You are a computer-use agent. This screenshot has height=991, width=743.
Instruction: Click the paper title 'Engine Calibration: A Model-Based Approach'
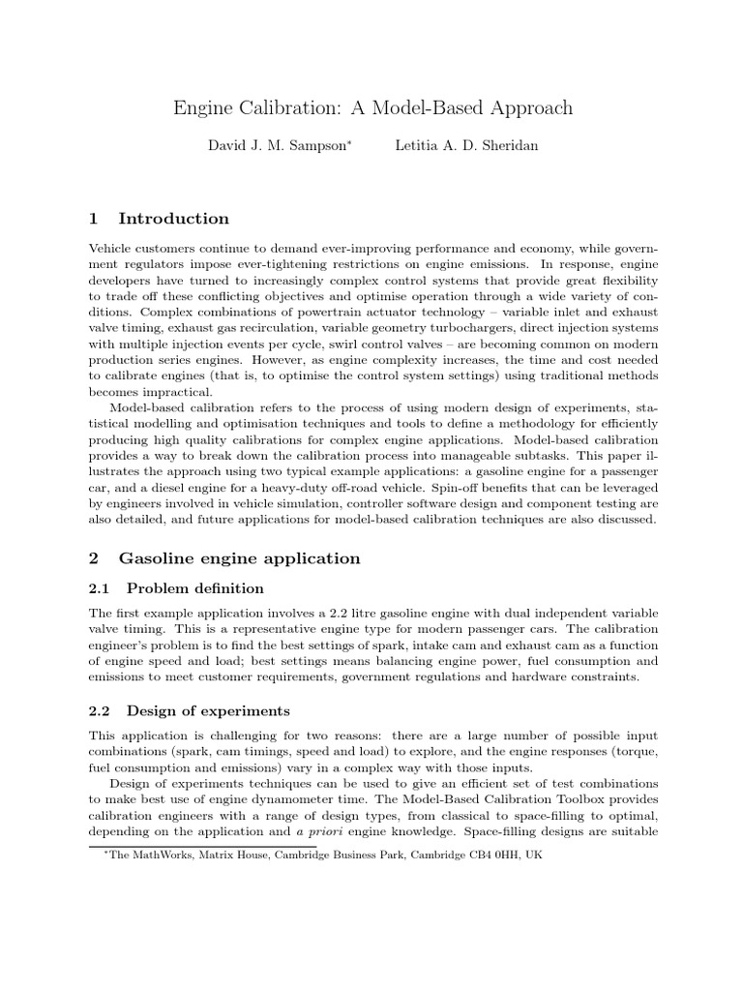click(372, 107)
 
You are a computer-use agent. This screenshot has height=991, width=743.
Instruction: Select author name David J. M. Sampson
click(276, 146)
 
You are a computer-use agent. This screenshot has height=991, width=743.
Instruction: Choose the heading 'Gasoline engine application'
click(239, 558)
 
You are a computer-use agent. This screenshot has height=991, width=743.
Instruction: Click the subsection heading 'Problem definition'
click(194, 588)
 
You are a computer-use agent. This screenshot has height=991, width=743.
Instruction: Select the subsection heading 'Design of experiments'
click(208, 711)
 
